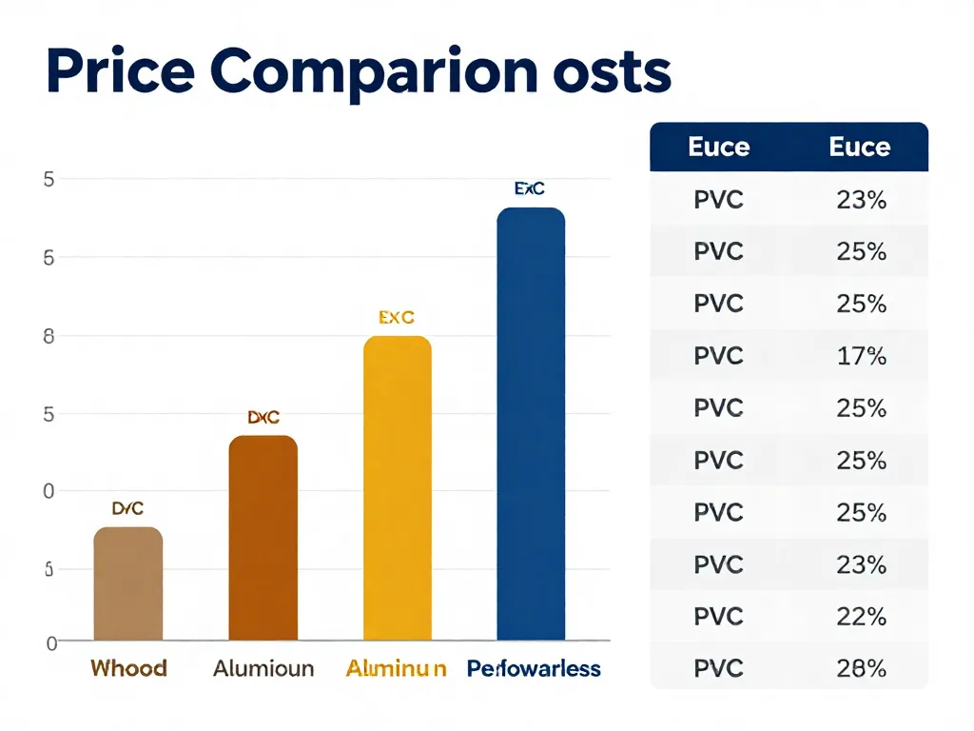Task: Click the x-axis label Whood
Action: [x=128, y=668]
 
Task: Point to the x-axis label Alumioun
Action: [x=263, y=668]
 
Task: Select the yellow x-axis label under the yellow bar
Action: [x=396, y=668]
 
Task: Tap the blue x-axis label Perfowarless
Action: [x=534, y=668]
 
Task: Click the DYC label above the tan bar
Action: [x=127, y=508]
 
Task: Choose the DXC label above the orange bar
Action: [x=263, y=417]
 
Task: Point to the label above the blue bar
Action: [x=530, y=188]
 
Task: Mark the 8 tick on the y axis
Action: [x=49, y=336]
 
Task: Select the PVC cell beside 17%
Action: [x=718, y=356]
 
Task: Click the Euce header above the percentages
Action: [x=860, y=147]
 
